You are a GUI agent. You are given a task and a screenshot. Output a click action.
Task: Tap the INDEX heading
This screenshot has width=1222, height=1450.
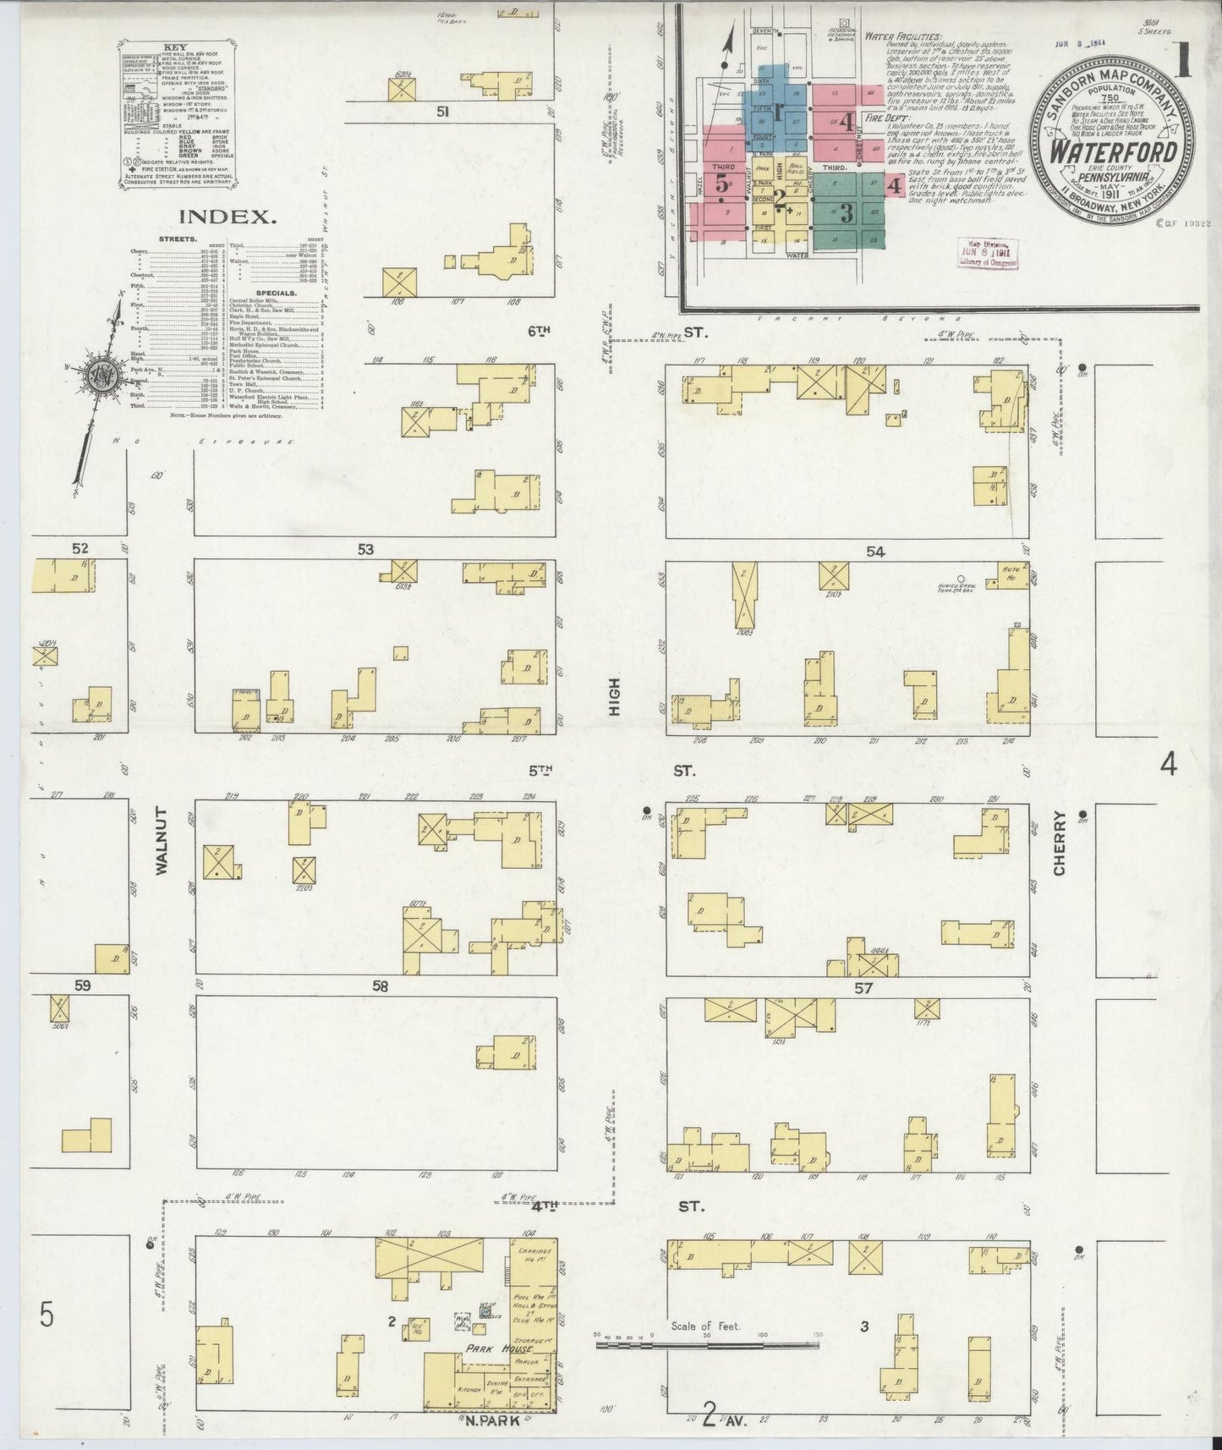tap(227, 217)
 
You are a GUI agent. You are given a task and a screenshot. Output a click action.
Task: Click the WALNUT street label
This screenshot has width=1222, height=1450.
tap(162, 840)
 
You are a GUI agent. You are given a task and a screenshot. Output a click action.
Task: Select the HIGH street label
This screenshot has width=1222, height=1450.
tap(614, 696)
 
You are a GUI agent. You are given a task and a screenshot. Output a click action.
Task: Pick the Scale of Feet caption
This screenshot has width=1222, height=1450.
tap(705, 1326)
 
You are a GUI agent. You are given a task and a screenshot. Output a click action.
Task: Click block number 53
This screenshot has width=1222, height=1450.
tap(365, 550)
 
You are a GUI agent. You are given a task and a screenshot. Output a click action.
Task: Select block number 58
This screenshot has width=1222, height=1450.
tap(380, 986)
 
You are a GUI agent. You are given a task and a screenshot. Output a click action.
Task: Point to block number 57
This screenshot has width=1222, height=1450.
tap(863, 987)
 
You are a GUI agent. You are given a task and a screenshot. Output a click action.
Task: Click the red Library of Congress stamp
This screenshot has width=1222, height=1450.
tap(987, 252)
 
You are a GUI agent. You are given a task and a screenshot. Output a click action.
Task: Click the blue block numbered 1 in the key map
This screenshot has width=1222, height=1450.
tap(778, 107)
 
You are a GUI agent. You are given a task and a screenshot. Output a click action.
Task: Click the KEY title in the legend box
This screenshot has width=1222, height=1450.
tap(177, 47)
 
